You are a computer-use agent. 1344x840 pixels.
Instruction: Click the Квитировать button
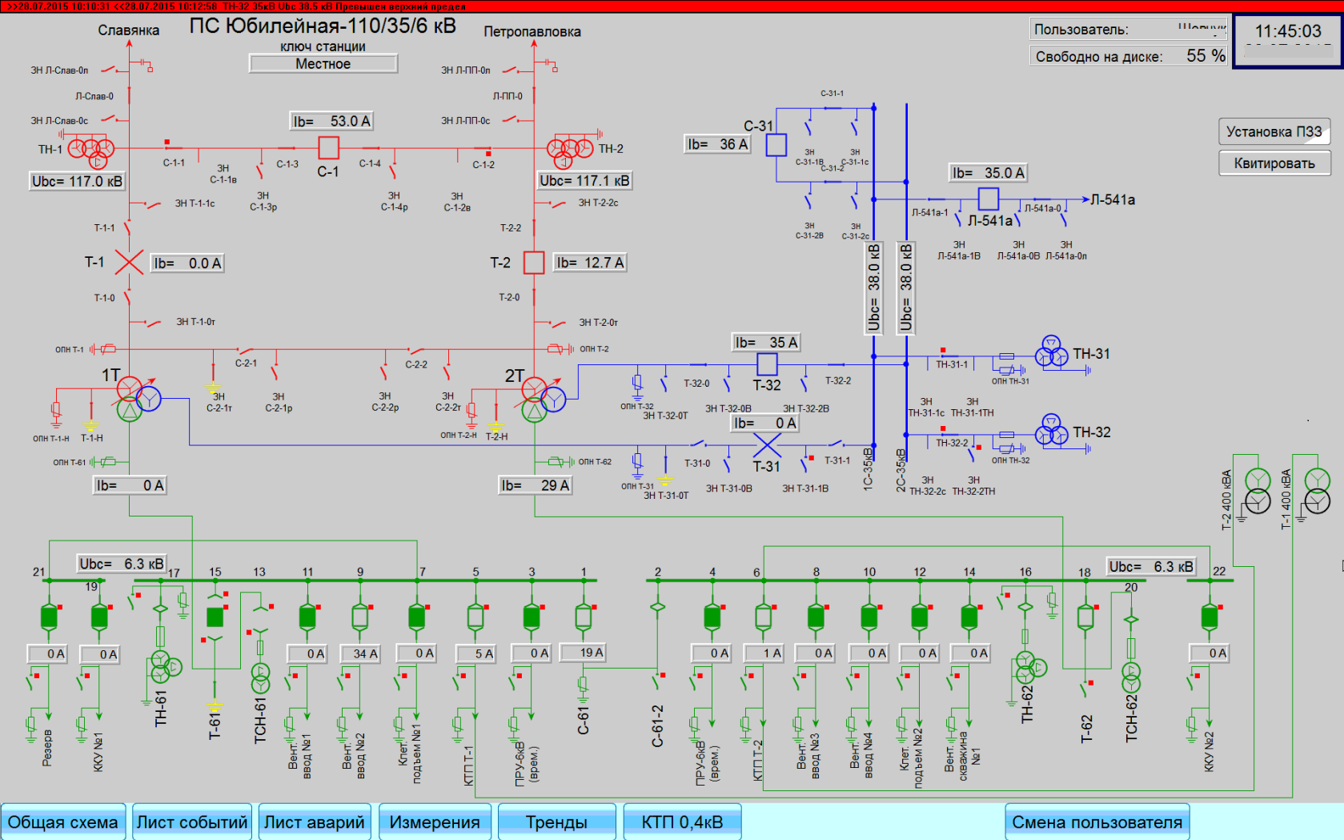[1274, 163]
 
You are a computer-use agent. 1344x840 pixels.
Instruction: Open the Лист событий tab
[192, 822]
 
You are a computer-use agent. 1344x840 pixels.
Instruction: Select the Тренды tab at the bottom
[556, 822]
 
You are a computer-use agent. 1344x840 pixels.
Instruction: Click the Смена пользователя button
[1097, 822]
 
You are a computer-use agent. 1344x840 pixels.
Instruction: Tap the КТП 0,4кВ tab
[682, 822]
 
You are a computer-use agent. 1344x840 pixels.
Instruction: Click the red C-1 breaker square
[328, 147]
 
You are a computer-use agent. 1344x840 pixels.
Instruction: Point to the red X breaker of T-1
[129, 263]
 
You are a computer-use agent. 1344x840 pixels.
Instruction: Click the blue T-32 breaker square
[767, 364]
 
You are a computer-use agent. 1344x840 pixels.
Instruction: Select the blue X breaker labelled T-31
[767, 444]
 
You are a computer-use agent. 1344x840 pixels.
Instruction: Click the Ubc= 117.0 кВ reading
[77, 182]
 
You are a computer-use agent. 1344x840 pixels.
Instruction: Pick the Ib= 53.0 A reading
[331, 121]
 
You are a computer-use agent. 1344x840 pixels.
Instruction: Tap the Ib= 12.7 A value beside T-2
[590, 263]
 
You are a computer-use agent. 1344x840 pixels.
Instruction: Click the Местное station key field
[323, 64]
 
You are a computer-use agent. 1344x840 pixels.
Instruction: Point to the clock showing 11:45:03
[1288, 32]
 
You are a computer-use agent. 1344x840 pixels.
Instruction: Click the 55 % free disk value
[1206, 56]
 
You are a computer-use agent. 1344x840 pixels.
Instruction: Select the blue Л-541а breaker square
[989, 198]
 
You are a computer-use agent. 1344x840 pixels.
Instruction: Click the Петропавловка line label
[532, 32]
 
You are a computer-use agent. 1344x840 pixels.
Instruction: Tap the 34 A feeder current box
[359, 654]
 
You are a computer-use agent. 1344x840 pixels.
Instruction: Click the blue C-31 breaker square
[776, 145]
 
